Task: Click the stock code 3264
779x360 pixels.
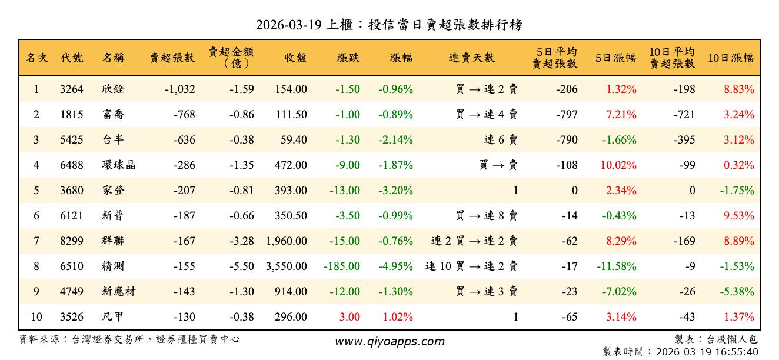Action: click(x=72, y=89)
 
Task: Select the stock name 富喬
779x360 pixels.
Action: click(x=113, y=115)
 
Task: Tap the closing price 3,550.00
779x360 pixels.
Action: click(x=287, y=266)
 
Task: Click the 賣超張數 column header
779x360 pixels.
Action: click(x=172, y=58)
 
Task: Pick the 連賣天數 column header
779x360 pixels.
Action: click(x=472, y=58)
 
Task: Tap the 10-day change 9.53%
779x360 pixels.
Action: click(x=738, y=216)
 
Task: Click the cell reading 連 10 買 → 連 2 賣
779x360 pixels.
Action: click(x=471, y=266)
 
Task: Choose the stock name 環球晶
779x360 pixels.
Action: click(x=118, y=165)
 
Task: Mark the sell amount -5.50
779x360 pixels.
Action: click(x=242, y=266)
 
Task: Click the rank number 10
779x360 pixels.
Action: click(x=36, y=317)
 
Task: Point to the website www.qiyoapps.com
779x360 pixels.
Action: click(x=389, y=341)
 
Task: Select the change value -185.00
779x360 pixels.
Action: click(x=342, y=266)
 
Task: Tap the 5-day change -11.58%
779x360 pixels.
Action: click(x=616, y=266)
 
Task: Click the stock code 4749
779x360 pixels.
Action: click(x=72, y=292)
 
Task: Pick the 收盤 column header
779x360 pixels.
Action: click(x=295, y=58)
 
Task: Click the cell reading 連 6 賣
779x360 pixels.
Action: click(x=501, y=140)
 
